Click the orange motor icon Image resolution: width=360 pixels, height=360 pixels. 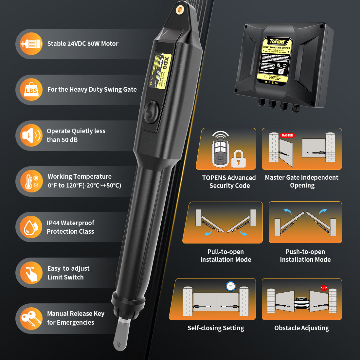click(31, 44)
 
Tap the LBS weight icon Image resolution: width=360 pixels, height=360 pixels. click(31, 90)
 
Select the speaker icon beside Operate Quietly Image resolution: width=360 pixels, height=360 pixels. click(31, 135)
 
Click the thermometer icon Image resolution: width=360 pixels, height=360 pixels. click(31, 181)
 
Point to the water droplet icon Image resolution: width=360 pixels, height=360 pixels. click(31, 227)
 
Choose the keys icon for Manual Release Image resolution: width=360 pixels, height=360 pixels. click(31, 318)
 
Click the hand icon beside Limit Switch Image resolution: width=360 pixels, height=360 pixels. click(31, 273)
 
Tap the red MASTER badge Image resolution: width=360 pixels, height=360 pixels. click(287, 135)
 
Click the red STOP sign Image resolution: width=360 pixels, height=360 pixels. click(324, 288)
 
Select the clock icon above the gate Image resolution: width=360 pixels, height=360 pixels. click(231, 286)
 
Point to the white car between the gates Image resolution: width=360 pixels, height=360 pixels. click(302, 303)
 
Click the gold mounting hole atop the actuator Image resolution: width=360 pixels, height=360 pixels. click(180, 10)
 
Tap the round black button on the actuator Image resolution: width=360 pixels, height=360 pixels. click(152, 112)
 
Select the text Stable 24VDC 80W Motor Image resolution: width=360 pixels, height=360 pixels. click(83, 44)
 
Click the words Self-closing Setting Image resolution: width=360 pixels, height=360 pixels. click(216, 328)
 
